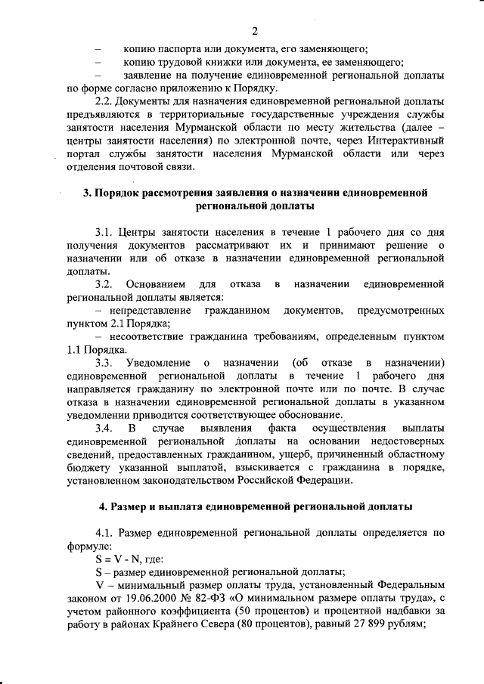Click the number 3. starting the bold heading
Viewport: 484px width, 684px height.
pyautogui.click(x=87, y=193)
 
